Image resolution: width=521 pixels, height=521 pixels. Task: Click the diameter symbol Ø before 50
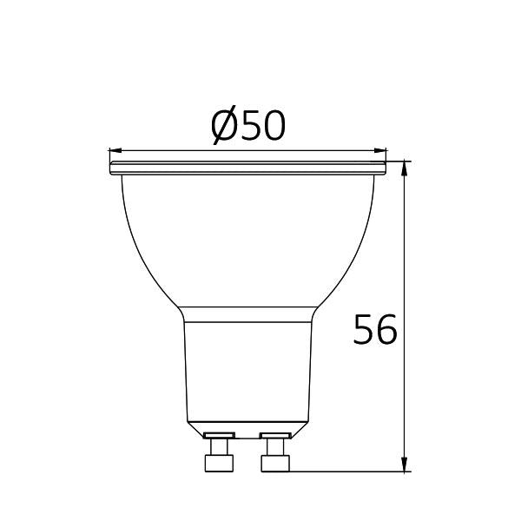click(x=223, y=128)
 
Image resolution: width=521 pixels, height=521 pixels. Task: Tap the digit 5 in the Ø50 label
click(x=249, y=128)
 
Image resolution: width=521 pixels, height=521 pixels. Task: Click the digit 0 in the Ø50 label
click(x=273, y=128)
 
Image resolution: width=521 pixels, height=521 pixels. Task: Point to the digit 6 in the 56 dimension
click(x=387, y=330)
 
